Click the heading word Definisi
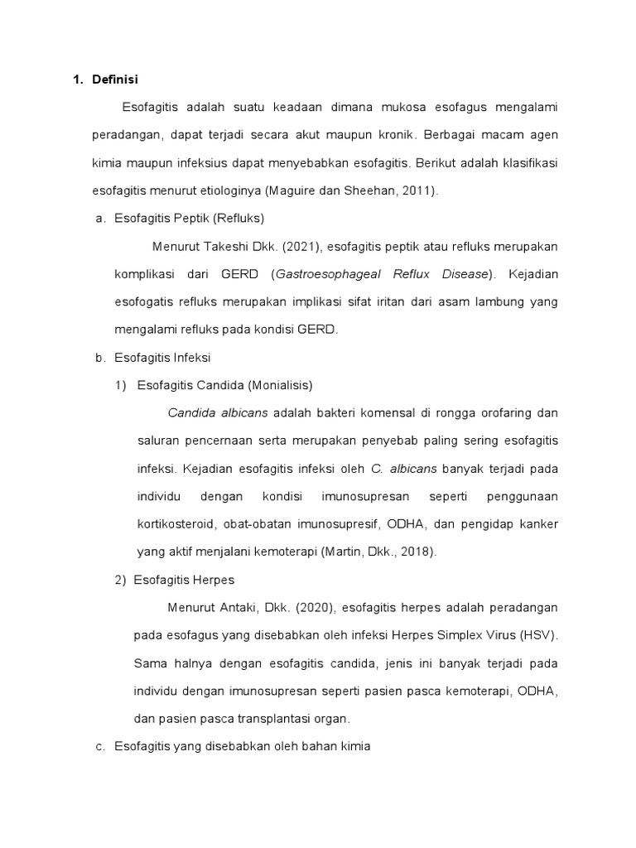click(115, 79)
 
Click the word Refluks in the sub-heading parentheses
click(238, 218)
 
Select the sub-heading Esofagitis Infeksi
click(162, 357)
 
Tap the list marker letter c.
click(100, 746)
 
